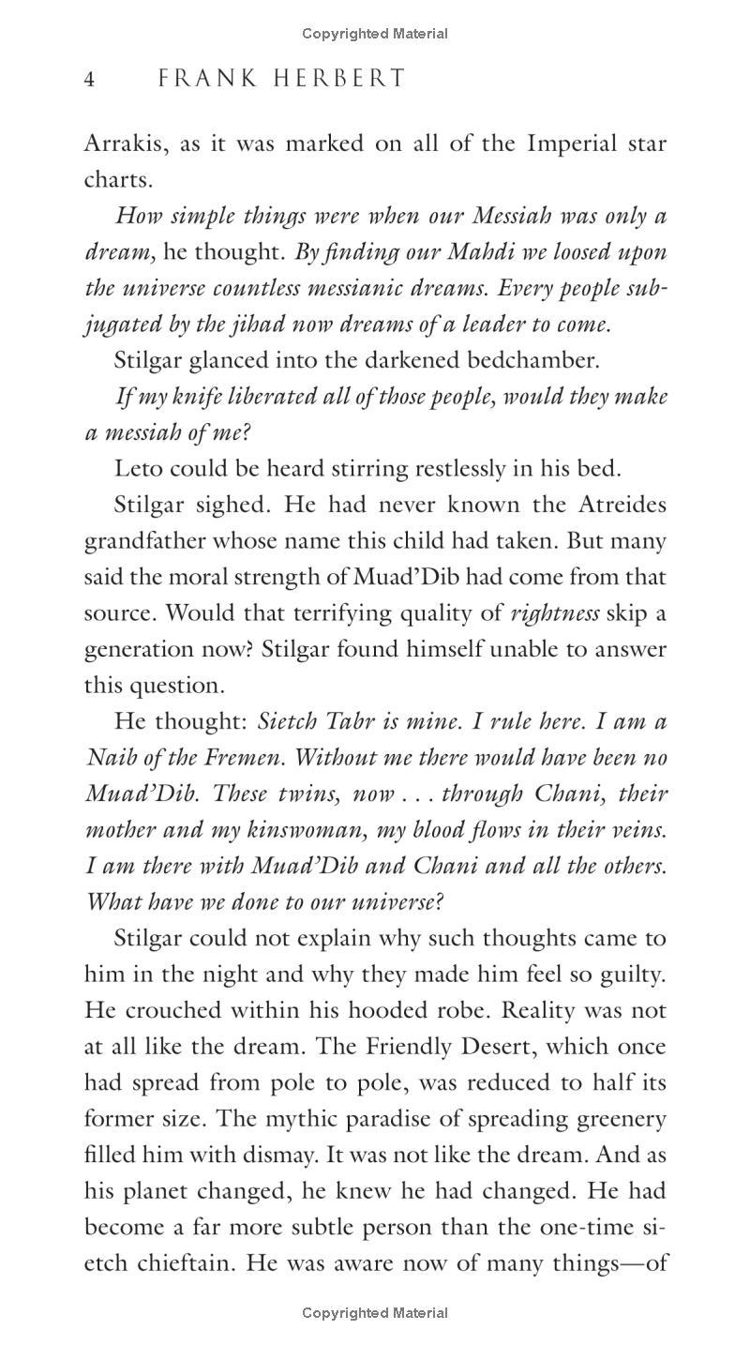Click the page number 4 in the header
tap(89, 79)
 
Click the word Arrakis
tap(117, 144)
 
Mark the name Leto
tap(137, 468)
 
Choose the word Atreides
tap(620, 505)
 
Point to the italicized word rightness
tap(555, 613)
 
